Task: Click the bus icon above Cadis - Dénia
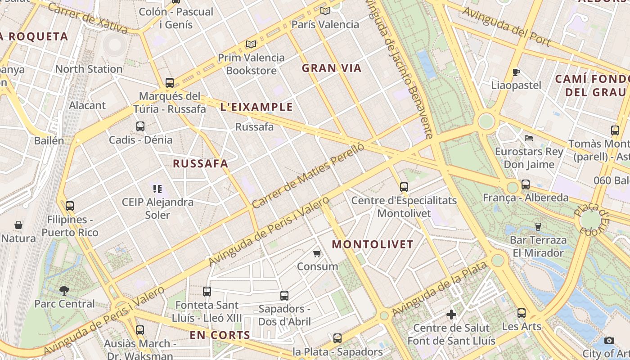click(x=140, y=126)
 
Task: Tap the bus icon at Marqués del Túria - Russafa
click(x=170, y=83)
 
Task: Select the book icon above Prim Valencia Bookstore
click(x=251, y=44)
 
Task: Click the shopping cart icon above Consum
click(x=317, y=253)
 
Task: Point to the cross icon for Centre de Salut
click(x=451, y=315)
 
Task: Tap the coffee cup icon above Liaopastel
click(x=516, y=72)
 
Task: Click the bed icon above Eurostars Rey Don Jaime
click(x=529, y=138)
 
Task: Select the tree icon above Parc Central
click(x=64, y=291)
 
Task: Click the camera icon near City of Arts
click(x=609, y=340)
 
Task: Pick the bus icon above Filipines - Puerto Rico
click(x=70, y=206)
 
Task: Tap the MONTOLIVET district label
click(x=372, y=244)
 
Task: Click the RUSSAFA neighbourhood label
click(x=201, y=163)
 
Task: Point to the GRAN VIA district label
click(x=332, y=68)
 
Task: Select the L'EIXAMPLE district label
click(x=256, y=107)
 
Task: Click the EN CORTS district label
click(x=220, y=335)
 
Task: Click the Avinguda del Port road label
click(x=506, y=27)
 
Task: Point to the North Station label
click(x=89, y=69)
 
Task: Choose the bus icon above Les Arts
click(x=522, y=313)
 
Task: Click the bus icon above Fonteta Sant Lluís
click(x=207, y=292)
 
